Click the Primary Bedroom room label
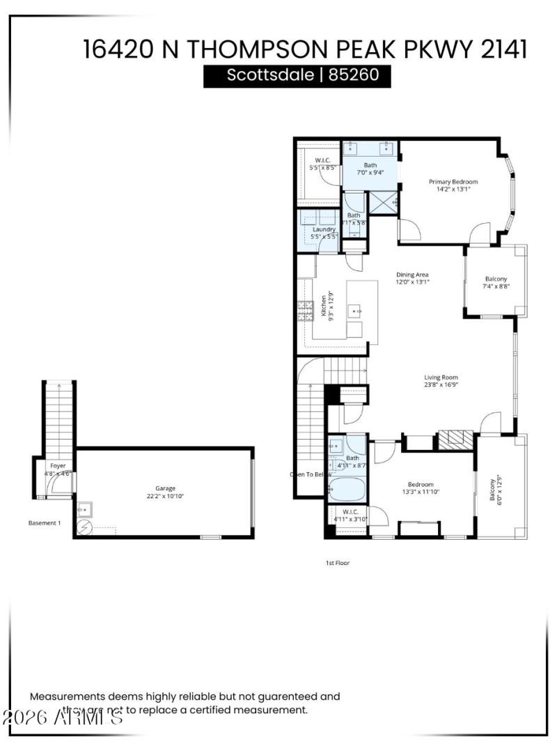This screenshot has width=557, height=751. pos(453,181)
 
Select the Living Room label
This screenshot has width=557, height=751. pos(441,378)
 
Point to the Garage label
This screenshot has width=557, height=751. pos(165,488)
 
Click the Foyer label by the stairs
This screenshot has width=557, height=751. pos(57,465)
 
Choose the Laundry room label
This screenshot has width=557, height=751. pos(324,229)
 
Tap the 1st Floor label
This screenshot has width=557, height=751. pos(337,562)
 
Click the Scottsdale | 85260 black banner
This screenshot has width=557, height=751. pos(297,75)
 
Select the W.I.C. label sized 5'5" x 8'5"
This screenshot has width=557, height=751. pos(323,164)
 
